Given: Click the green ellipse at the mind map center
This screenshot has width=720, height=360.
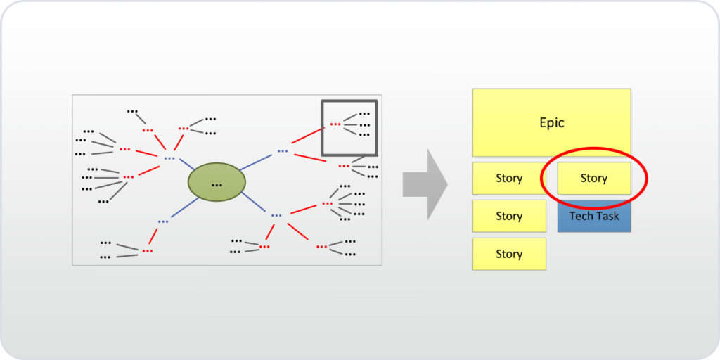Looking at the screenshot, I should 217,182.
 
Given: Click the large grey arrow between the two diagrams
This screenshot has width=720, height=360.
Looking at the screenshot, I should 425,184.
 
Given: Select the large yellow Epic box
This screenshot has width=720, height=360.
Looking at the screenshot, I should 551,122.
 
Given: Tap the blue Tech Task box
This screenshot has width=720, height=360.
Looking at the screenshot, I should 594,217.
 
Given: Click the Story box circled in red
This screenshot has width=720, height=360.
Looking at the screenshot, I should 593,179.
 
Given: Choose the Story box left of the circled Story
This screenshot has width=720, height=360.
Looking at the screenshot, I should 508,179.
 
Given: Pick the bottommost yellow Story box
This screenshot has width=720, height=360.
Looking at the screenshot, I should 508,254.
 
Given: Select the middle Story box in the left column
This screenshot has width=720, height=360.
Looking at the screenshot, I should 508,216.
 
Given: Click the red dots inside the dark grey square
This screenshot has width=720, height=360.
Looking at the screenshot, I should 335,124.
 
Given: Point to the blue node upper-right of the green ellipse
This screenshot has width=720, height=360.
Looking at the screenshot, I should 282,151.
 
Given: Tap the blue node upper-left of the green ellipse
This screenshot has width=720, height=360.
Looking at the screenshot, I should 169,159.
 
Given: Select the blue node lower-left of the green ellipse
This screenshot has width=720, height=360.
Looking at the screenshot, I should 163,222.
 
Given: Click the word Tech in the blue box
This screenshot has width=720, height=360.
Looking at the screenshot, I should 581,217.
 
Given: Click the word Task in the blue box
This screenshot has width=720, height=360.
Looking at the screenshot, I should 607,217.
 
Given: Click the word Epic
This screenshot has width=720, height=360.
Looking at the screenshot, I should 551,123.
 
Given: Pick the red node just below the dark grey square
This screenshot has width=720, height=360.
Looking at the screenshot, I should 344,167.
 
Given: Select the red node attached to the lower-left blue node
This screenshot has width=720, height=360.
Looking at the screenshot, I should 147,251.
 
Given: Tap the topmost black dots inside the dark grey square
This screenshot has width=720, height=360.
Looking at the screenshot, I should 364,114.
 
